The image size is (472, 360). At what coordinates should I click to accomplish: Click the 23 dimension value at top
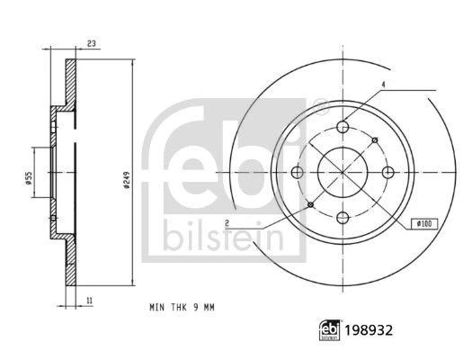[x=91, y=43]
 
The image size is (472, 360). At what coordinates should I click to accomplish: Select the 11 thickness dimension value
[x=89, y=301]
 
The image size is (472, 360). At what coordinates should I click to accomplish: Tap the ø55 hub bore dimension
[x=28, y=178]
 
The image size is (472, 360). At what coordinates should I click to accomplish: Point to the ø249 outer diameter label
[x=127, y=180]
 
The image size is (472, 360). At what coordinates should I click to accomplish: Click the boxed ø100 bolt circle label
[x=424, y=223]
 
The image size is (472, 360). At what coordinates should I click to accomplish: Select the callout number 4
[x=383, y=85]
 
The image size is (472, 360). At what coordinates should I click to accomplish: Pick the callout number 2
[x=227, y=223]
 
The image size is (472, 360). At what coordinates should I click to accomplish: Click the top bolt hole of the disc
[x=343, y=127]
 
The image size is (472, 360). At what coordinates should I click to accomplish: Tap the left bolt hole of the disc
[x=298, y=172]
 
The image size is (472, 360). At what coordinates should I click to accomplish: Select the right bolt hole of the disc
[x=388, y=172]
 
